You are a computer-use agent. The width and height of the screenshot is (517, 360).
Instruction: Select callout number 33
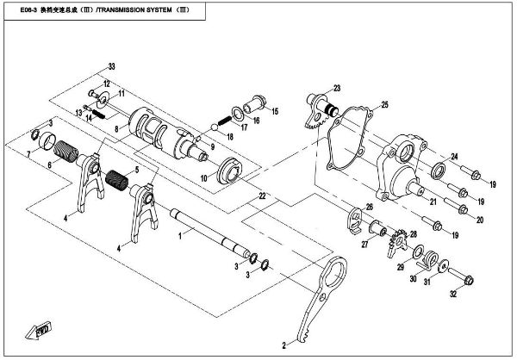[x=110, y=66]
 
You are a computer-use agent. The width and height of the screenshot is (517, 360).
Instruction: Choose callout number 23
[x=337, y=88]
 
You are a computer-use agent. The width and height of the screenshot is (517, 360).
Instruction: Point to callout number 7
[x=28, y=154]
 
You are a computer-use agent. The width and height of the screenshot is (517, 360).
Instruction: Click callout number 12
[x=107, y=84]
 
